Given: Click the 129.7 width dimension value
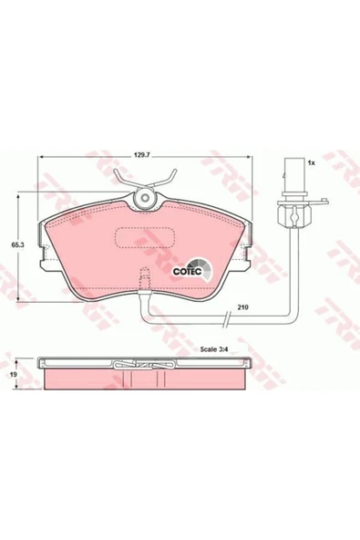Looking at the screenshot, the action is pos(140,155).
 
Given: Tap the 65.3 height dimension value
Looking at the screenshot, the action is pos(15,245).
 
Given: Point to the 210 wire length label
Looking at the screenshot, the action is pos(242,306).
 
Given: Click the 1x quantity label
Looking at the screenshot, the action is pos(311,163).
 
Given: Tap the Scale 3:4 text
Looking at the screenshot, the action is pos(215,349).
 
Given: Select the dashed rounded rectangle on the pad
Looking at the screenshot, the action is pos(145,238).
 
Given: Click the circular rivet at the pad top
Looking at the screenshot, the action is pos(145,198).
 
